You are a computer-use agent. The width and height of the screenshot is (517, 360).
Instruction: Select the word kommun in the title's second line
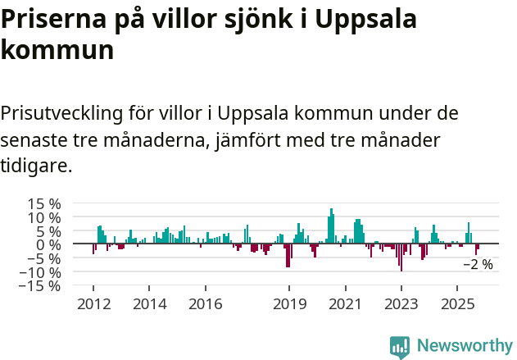pos(57,51)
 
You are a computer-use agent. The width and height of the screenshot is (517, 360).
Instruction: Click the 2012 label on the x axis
pos(93,304)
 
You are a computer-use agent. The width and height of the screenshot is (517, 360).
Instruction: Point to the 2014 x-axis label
pos(148,304)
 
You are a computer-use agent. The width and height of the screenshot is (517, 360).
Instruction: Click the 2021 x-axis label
pos(345,304)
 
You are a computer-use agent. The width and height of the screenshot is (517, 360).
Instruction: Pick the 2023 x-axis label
pos(401,304)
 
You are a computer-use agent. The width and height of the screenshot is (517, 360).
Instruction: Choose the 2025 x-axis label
pos(456,304)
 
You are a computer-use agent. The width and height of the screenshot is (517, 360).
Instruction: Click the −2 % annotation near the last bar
pos(478,265)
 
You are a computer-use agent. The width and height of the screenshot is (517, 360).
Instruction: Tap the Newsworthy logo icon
pos(400,347)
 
